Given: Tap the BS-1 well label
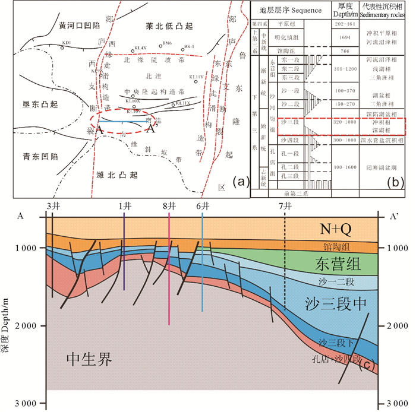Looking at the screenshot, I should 190,46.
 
